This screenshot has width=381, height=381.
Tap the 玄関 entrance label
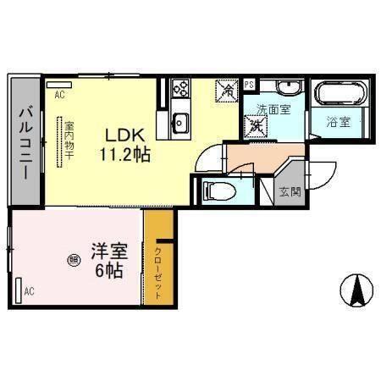pos(290,191)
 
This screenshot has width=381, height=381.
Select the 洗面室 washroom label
pos(273,108)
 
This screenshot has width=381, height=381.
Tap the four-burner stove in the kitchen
pos(181,87)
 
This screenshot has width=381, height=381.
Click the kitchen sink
pos(179,122)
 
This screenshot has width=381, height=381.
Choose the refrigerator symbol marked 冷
pos(226,88)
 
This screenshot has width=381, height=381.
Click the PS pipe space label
pos(250,84)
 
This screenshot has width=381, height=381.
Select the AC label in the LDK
pos(59,95)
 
